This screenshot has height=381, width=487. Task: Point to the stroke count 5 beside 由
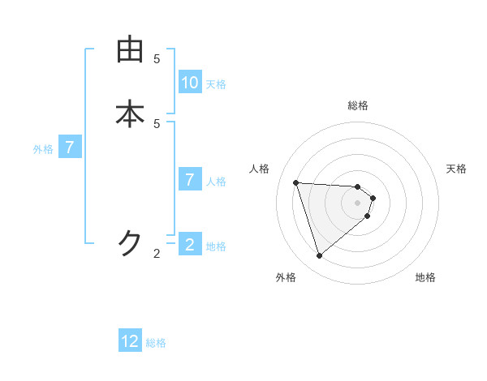(157, 58)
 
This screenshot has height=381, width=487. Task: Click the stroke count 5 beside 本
(157, 123)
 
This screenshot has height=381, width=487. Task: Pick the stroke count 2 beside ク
(157, 254)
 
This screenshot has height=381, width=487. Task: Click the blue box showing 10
(190, 83)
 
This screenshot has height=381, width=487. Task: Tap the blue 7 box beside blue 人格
(190, 180)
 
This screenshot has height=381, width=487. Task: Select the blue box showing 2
(190, 244)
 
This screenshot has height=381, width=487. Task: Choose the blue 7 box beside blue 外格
(70, 148)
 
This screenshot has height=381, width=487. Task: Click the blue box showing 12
(130, 341)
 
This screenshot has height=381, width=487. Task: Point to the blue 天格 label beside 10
(216, 84)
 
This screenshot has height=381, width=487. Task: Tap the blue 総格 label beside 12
(156, 343)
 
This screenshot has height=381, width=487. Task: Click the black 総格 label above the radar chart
(358, 105)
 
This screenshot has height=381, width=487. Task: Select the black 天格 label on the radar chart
(457, 169)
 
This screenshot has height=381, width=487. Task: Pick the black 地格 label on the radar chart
(425, 277)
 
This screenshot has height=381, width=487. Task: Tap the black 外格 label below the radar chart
(285, 277)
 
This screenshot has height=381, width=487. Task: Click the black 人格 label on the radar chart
(260, 169)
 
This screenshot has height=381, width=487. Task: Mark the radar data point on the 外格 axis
(319, 256)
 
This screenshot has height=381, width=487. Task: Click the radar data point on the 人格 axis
(296, 182)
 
